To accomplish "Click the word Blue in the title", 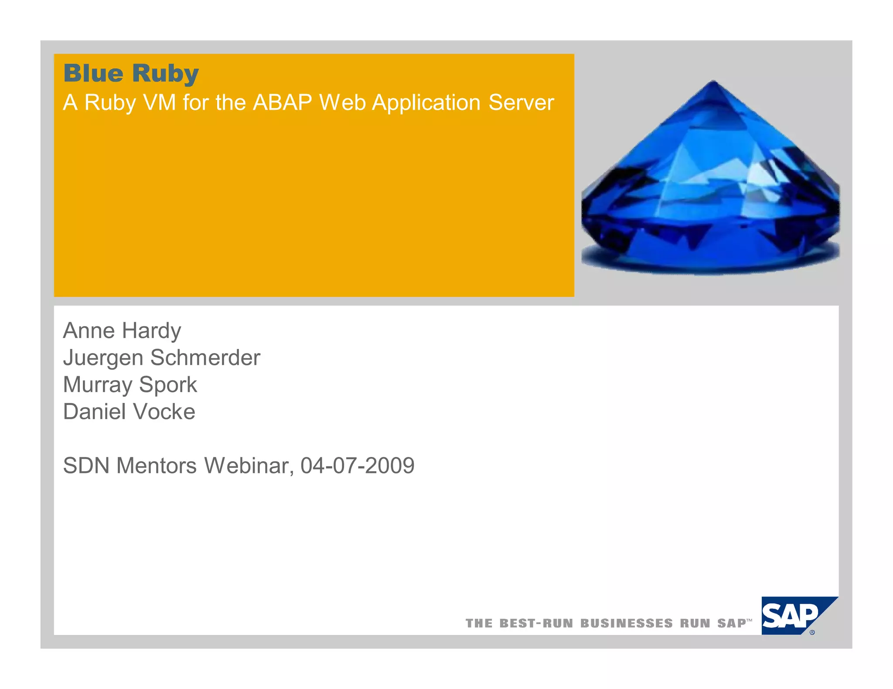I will [x=93, y=73].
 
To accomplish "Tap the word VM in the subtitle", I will [x=159, y=103].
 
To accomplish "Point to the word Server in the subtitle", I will [x=521, y=103].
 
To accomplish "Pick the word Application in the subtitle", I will [x=426, y=104].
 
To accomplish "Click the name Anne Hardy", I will [x=122, y=331].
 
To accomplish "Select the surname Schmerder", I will [x=205, y=358].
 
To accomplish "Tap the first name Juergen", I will [x=103, y=358].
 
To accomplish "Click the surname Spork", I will [x=168, y=385].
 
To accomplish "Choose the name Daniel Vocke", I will [x=129, y=412].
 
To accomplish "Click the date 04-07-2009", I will [x=357, y=466].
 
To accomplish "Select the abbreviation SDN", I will [x=86, y=466].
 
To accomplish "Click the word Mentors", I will [x=157, y=466].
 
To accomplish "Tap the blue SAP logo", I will [x=790, y=615].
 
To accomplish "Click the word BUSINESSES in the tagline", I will [x=627, y=623].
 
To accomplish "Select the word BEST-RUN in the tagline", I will [x=536, y=623].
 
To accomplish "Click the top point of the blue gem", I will [x=713, y=81].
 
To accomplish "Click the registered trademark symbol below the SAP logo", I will [x=812, y=632].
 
